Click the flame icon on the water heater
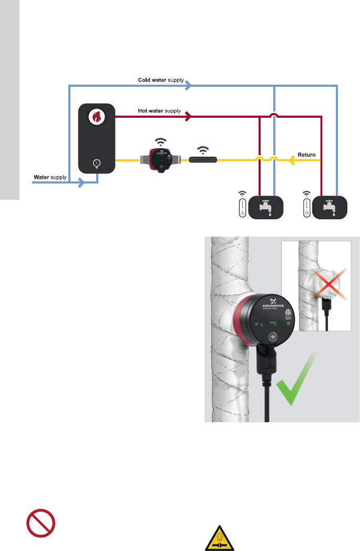click(x=96, y=116)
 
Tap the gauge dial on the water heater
click(x=96, y=163)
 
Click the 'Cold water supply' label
click(x=161, y=80)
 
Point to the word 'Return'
click(x=306, y=155)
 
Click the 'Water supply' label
click(x=50, y=177)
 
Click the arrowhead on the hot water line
click(x=188, y=116)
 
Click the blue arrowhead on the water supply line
click(x=81, y=183)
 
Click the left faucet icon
click(x=266, y=207)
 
